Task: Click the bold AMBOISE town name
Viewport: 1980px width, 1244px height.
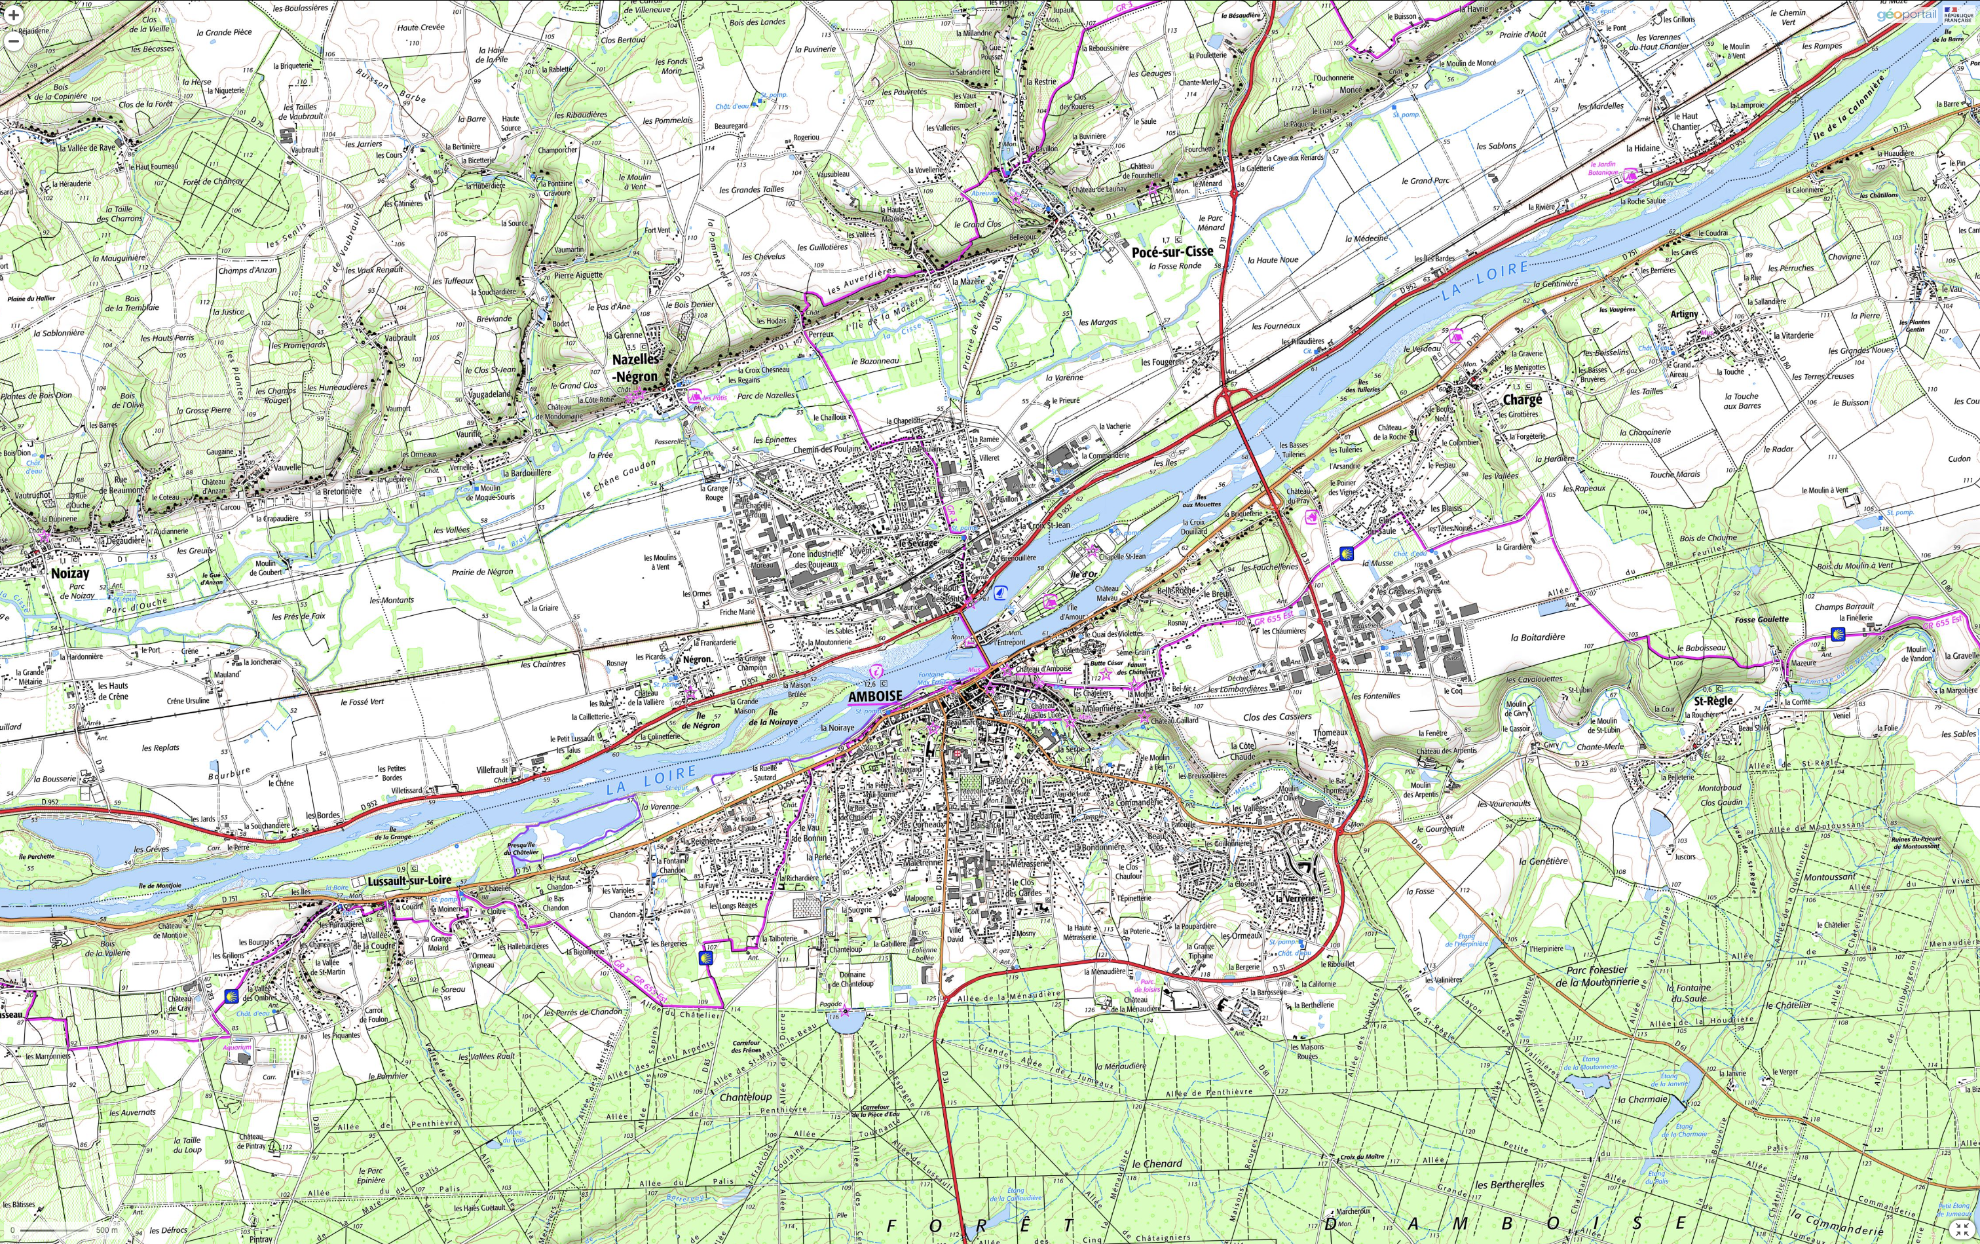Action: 875,696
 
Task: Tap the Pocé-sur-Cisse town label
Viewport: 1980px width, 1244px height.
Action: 1172,252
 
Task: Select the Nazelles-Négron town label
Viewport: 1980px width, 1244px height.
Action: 635,368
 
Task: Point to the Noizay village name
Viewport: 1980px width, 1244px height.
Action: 70,573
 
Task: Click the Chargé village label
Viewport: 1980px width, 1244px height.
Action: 1522,400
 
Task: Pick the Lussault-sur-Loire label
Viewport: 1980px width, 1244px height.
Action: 409,880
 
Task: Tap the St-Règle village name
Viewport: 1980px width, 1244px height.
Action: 1713,702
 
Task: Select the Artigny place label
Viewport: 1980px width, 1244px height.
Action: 1683,314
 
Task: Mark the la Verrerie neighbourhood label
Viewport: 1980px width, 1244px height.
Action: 1295,899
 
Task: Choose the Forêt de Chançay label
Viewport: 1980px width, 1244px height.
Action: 213,181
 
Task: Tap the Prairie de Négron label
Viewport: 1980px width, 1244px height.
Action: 482,571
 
